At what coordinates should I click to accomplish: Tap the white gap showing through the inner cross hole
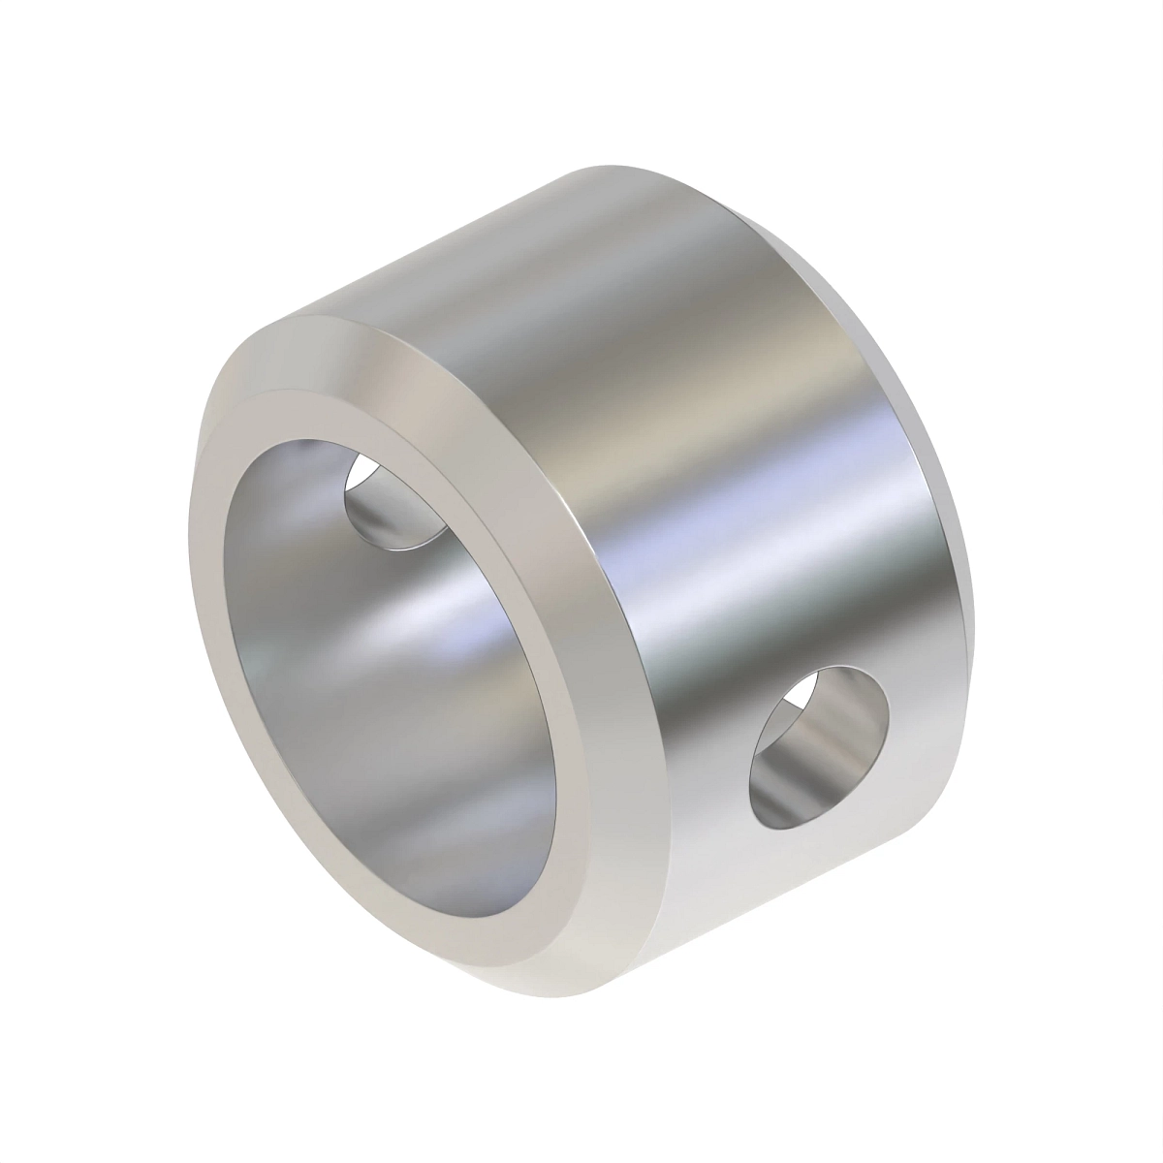point(361,475)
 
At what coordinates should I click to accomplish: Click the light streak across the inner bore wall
point(388,620)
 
